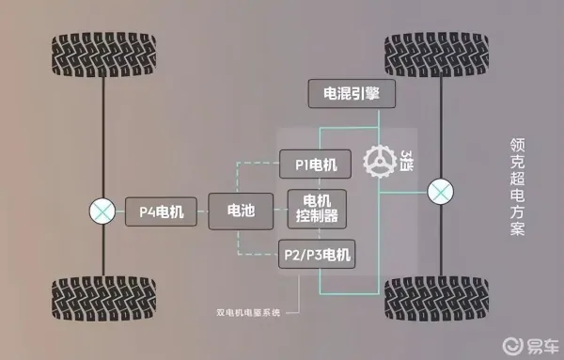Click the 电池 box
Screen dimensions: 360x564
pos(234,211)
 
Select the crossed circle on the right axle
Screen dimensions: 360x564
pos(439,194)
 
